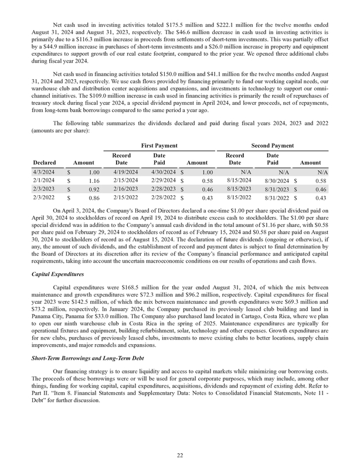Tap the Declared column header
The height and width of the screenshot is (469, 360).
click(45, 161)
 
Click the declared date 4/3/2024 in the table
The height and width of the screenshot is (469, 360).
click(45, 172)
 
